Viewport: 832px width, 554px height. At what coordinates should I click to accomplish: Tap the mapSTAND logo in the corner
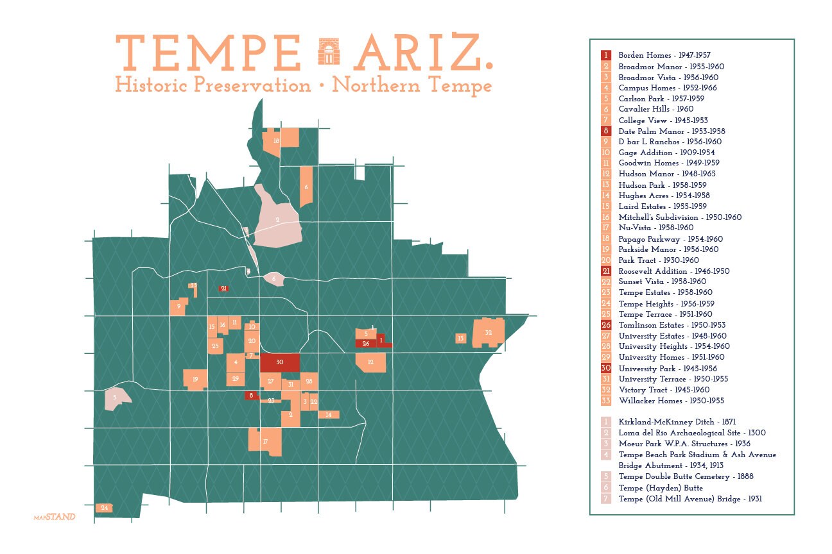(54, 516)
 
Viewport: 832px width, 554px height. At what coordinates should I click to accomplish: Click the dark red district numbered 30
(279, 362)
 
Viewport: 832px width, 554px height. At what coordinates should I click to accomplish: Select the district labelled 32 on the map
(488, 333)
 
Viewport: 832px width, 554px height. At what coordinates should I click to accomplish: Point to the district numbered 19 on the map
(195, 379)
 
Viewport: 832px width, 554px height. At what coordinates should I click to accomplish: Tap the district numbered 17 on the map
(265, 441)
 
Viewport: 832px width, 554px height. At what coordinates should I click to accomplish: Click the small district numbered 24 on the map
(104, 508)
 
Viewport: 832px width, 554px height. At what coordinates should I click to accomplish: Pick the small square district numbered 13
(460, 338)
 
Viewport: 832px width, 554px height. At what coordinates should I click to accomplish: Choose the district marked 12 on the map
(371, 362)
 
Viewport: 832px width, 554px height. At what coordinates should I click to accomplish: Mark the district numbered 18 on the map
(275, 140)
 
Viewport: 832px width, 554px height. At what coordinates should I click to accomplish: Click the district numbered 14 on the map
(329, 414)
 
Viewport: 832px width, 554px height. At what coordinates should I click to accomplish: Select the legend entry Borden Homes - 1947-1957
(664, 55)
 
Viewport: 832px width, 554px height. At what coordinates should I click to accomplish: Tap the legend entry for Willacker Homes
(671, 400)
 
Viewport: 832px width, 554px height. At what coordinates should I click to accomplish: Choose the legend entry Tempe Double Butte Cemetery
(686, 476)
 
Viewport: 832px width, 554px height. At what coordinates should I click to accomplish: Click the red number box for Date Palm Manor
(606, 131)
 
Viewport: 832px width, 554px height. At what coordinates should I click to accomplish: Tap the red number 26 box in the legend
(606, 325)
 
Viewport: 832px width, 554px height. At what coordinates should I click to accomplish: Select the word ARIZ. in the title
(422, 53)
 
